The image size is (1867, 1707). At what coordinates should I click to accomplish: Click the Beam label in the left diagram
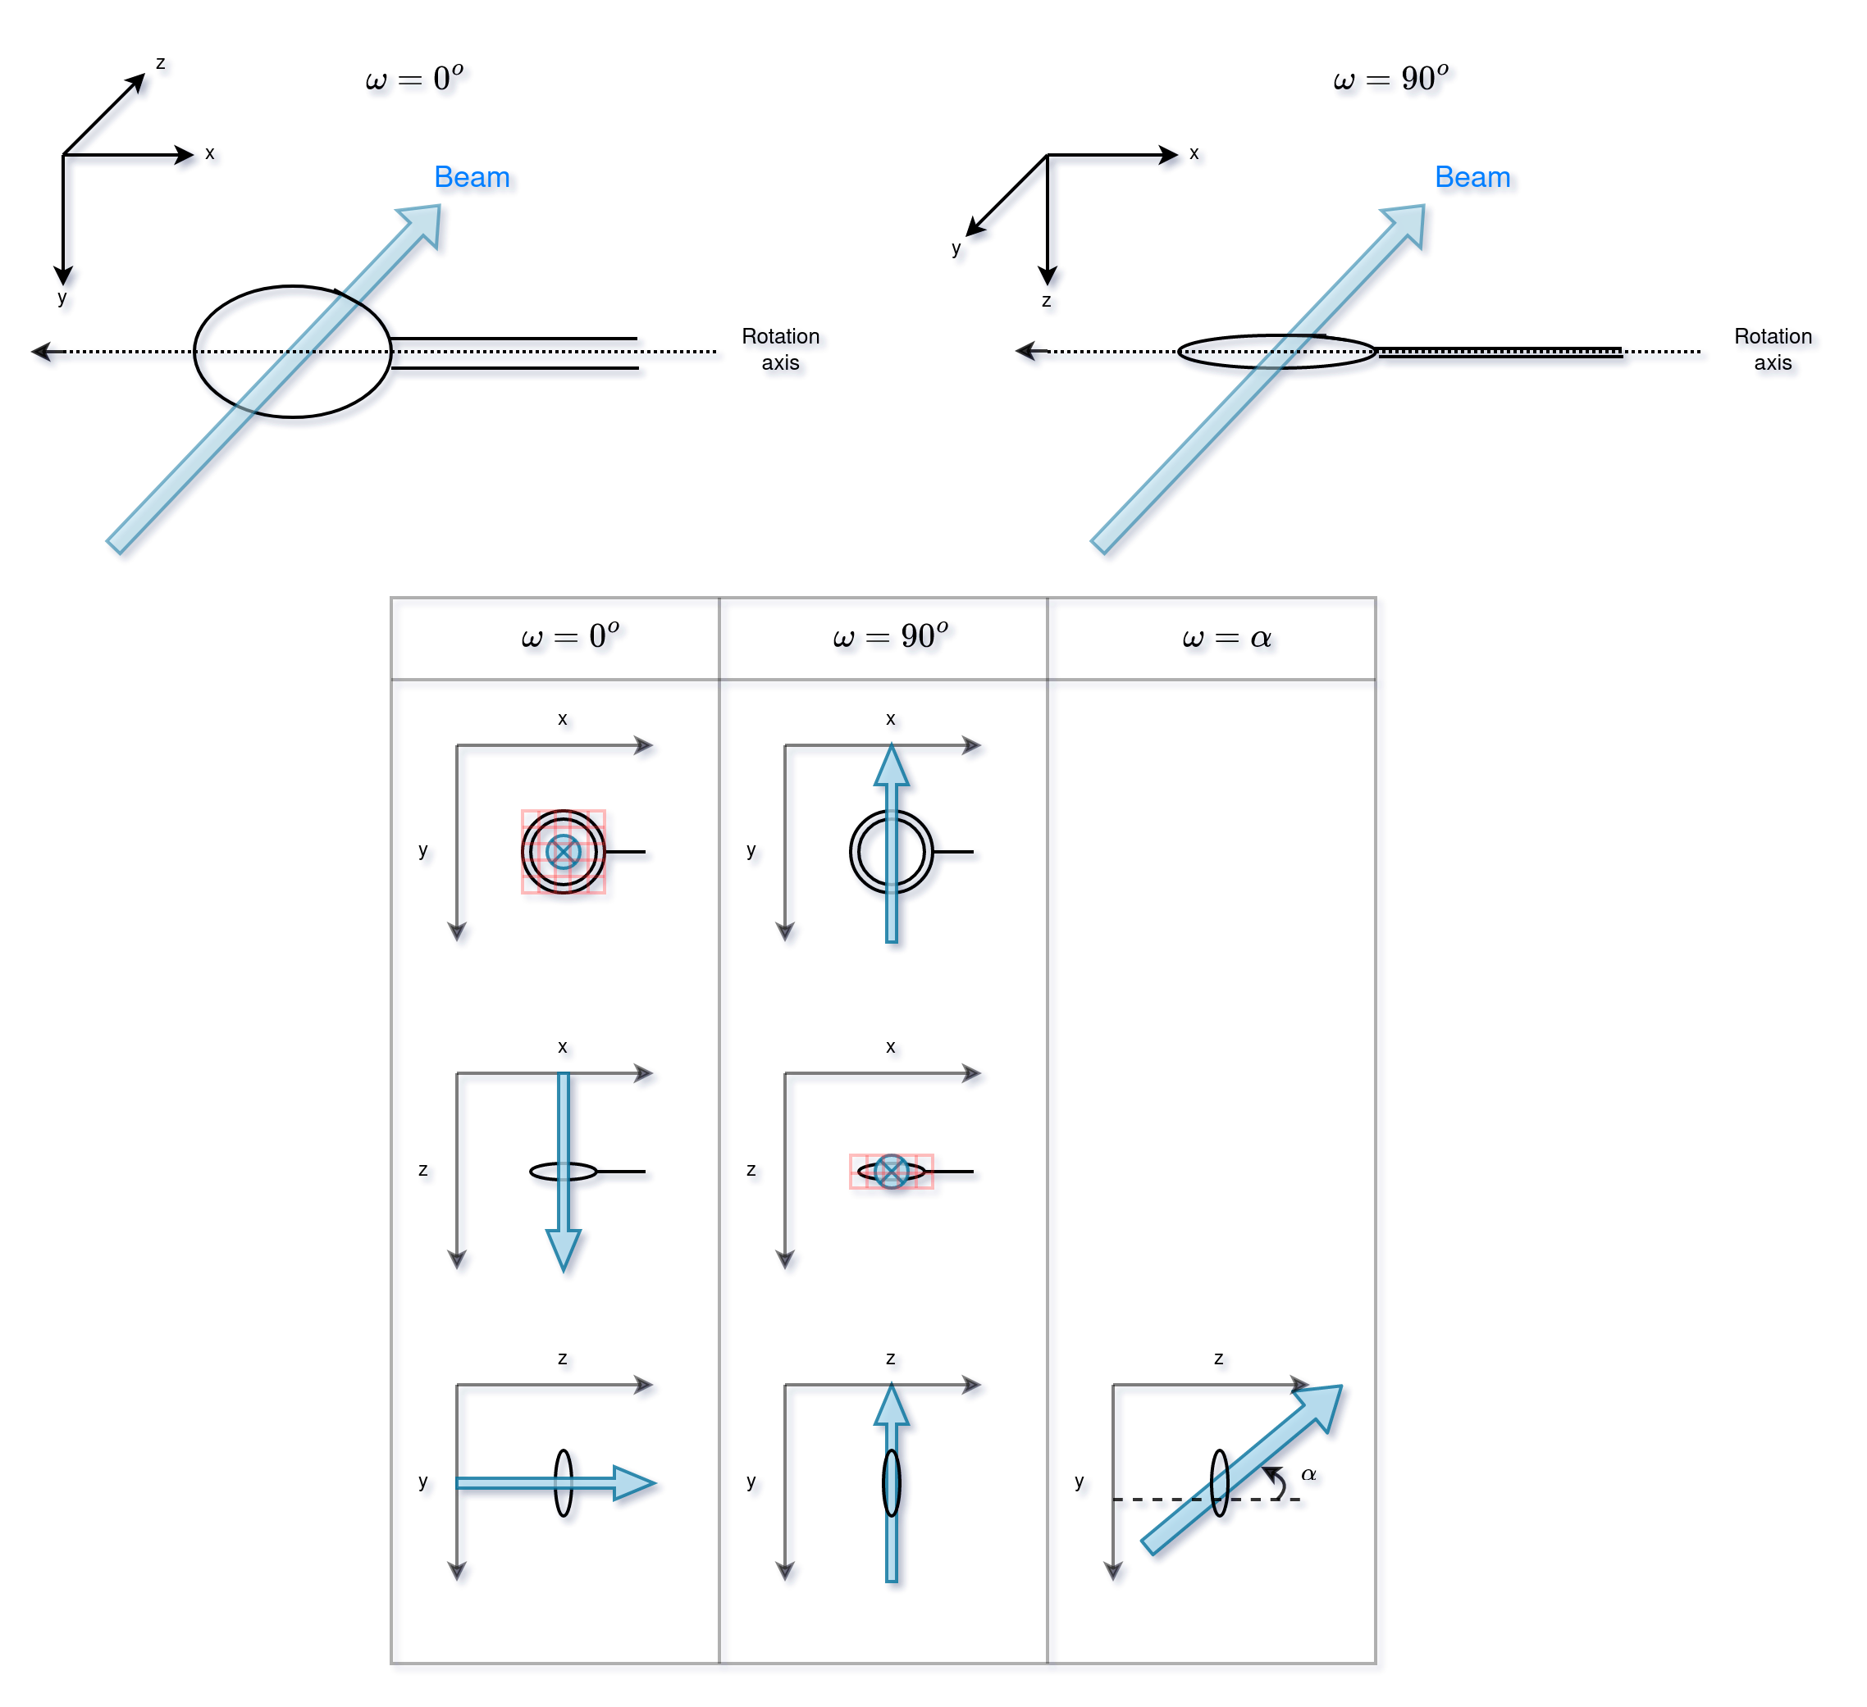tap(472, 177)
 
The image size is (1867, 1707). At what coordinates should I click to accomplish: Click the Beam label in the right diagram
tap(1472, 177)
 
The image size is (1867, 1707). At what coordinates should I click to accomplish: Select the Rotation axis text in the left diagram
tap(780, 349)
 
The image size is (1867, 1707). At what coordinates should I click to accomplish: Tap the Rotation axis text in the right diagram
tap(1772, 349)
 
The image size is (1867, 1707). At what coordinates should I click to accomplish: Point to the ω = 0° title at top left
tap(414, 79)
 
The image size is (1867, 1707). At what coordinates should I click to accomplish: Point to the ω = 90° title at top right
tap(1390, 79)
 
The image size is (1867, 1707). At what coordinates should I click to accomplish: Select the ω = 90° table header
tap(890, 636)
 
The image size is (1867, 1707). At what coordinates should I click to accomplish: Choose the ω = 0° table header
tap(569, 636)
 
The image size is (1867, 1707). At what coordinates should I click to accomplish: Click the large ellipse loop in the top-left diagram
tap(196, 352)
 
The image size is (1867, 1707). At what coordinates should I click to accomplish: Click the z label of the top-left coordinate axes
tap(160, 63)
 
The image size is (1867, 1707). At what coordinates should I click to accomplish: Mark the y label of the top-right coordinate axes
tap(956, 248)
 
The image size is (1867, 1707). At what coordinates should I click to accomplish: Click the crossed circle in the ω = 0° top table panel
tap(563, 852)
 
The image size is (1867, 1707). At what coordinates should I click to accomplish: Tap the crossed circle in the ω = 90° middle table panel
tap(891, 1171)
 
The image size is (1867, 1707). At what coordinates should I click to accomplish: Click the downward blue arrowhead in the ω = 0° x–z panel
tap(563, 1249)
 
